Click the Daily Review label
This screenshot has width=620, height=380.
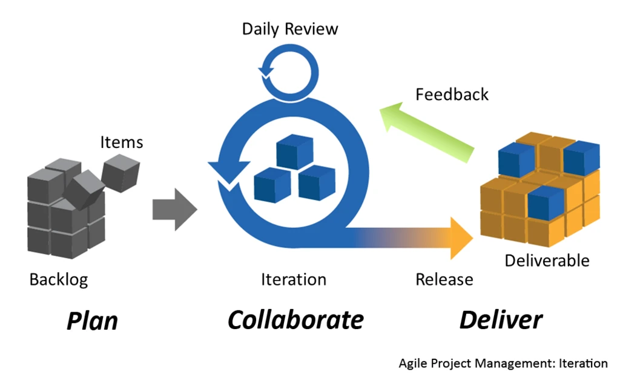click(x=290, y=28)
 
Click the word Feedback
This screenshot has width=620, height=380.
click(x=452, y=95)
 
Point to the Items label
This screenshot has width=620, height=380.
click(x=121, y=142)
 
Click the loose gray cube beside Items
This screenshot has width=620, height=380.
click(x=120, y=172)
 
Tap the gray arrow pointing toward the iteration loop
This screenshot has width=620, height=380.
click(x=174, y=209)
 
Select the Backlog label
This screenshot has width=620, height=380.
click(x=59, y=279)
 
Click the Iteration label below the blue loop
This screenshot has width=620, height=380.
click(x=294, y=279)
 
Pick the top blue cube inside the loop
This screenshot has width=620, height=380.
click(x=294, y=152)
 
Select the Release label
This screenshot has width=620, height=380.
click(x=444, y=279)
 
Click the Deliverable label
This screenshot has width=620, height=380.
click(x=547, y=261)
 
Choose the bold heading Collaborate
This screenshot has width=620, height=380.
click(x=295, y=319)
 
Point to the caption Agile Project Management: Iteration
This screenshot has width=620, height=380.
click(x=503, y=363)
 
